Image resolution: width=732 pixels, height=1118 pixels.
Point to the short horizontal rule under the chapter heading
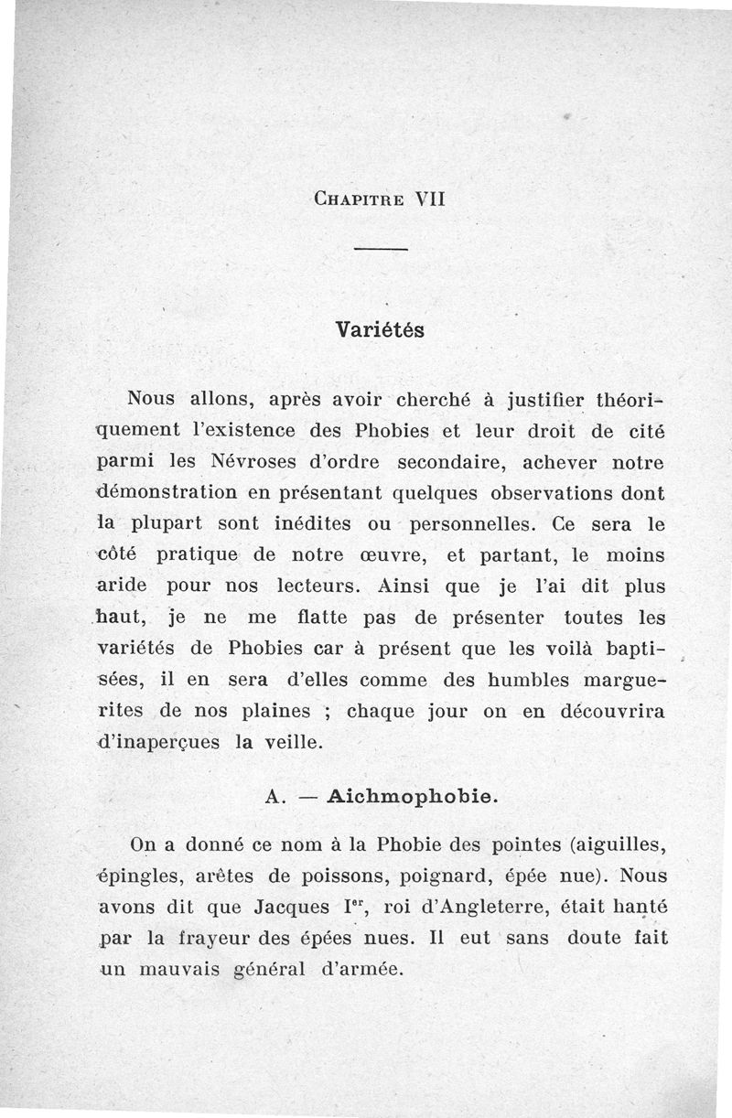(x=379, y=251)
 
